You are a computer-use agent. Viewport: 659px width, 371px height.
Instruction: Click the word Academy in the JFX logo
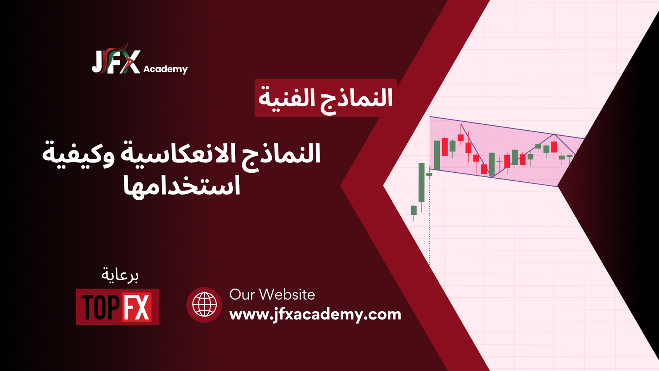[165, 69]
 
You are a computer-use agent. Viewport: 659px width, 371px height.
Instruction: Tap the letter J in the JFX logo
[98, 62]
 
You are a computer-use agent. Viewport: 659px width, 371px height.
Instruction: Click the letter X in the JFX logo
[130, 62]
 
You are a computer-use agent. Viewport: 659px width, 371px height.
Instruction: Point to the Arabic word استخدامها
[182, 186]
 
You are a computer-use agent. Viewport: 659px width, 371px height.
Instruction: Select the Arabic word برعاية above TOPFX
[120, 275]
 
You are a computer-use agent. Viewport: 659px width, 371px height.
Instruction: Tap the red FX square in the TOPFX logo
[137, 307]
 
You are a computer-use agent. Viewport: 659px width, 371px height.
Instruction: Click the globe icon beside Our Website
[204, 305]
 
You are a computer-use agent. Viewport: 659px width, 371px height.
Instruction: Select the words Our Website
[272, 294]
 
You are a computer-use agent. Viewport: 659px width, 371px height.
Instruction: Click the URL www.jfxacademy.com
[315, 315]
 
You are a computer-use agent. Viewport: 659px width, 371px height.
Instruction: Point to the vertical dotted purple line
[430, 216]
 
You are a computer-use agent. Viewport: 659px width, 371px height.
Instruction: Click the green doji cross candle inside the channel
[499, 162]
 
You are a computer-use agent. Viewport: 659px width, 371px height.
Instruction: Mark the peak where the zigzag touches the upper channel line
[554, 134]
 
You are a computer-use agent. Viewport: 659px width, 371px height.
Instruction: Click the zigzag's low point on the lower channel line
[492, 177]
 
